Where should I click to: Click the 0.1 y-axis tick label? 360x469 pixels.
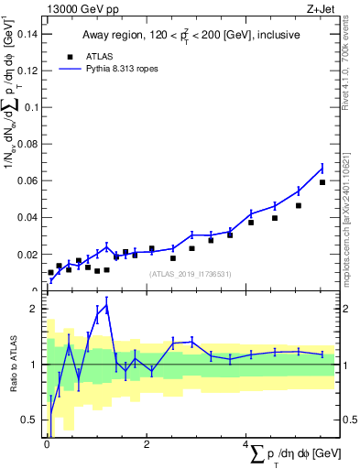click(x=31, y=107)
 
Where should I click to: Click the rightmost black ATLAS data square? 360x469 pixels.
click(x=322, y=182)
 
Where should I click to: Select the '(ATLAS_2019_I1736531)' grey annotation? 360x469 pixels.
click(x=189, y=274)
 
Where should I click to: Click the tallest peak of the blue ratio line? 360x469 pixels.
click(x=107, y=305)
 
